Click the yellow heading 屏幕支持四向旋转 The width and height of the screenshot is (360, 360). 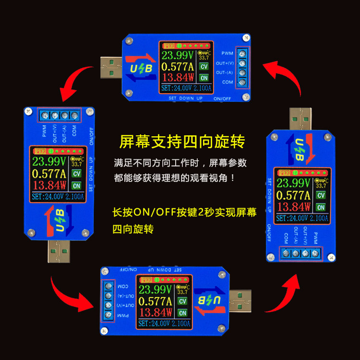click(x=182, y=142)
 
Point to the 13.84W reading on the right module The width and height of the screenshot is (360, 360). click(x=293, y=207)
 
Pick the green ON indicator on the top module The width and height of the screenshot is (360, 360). click(x=204, y=78)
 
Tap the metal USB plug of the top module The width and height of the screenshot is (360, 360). click(x=112, y=67)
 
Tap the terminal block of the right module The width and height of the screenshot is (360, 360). click(x=301, y=253)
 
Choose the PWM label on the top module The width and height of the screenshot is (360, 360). click(x=227, y=53)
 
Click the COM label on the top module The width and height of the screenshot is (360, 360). click(x=228, y=82)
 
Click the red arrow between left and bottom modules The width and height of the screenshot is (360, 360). click(x=71, y=293)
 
